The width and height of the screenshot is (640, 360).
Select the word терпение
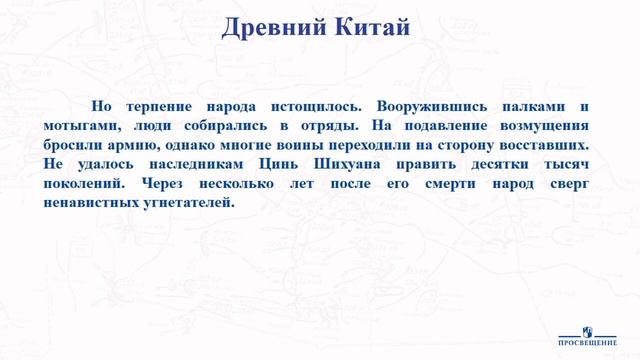[x=162, y=107]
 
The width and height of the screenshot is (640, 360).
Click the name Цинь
[x=289, y=164]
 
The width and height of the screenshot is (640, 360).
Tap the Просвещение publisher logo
[x=587, y=335]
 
